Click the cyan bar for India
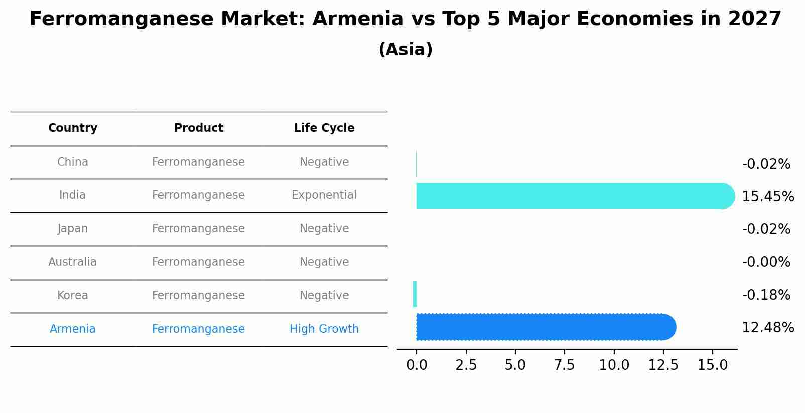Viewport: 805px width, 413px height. click(x=572, y=196)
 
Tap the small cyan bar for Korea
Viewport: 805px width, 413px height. click(x=415, y=294)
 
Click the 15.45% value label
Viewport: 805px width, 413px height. click(x=767, y=197)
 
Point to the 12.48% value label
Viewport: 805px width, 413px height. click(x=767, y=328)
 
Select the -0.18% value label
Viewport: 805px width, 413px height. click(x=766, y=295)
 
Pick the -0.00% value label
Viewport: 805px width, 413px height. click(x=766, y=262)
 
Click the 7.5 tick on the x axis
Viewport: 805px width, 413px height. click(x=564, y=365)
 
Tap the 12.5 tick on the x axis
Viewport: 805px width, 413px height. click(x=663, y=365)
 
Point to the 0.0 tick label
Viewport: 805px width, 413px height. click(x=417, y=365)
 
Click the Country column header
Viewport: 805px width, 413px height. click(x=73, y=128)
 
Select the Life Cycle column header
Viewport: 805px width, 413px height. click(x=324, y=128)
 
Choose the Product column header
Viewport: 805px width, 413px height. click(x=198, y=128)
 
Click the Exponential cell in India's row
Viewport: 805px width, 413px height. click(x=324, y=195)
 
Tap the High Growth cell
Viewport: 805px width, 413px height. click(x=324, y=329)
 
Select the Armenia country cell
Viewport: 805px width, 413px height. click(x=73, y=329)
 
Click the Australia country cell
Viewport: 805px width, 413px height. click(x=73, y=262)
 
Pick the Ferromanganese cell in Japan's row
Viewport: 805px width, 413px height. click(x=198, y=229)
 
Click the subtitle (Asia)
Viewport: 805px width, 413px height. click(x=406, y=50)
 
